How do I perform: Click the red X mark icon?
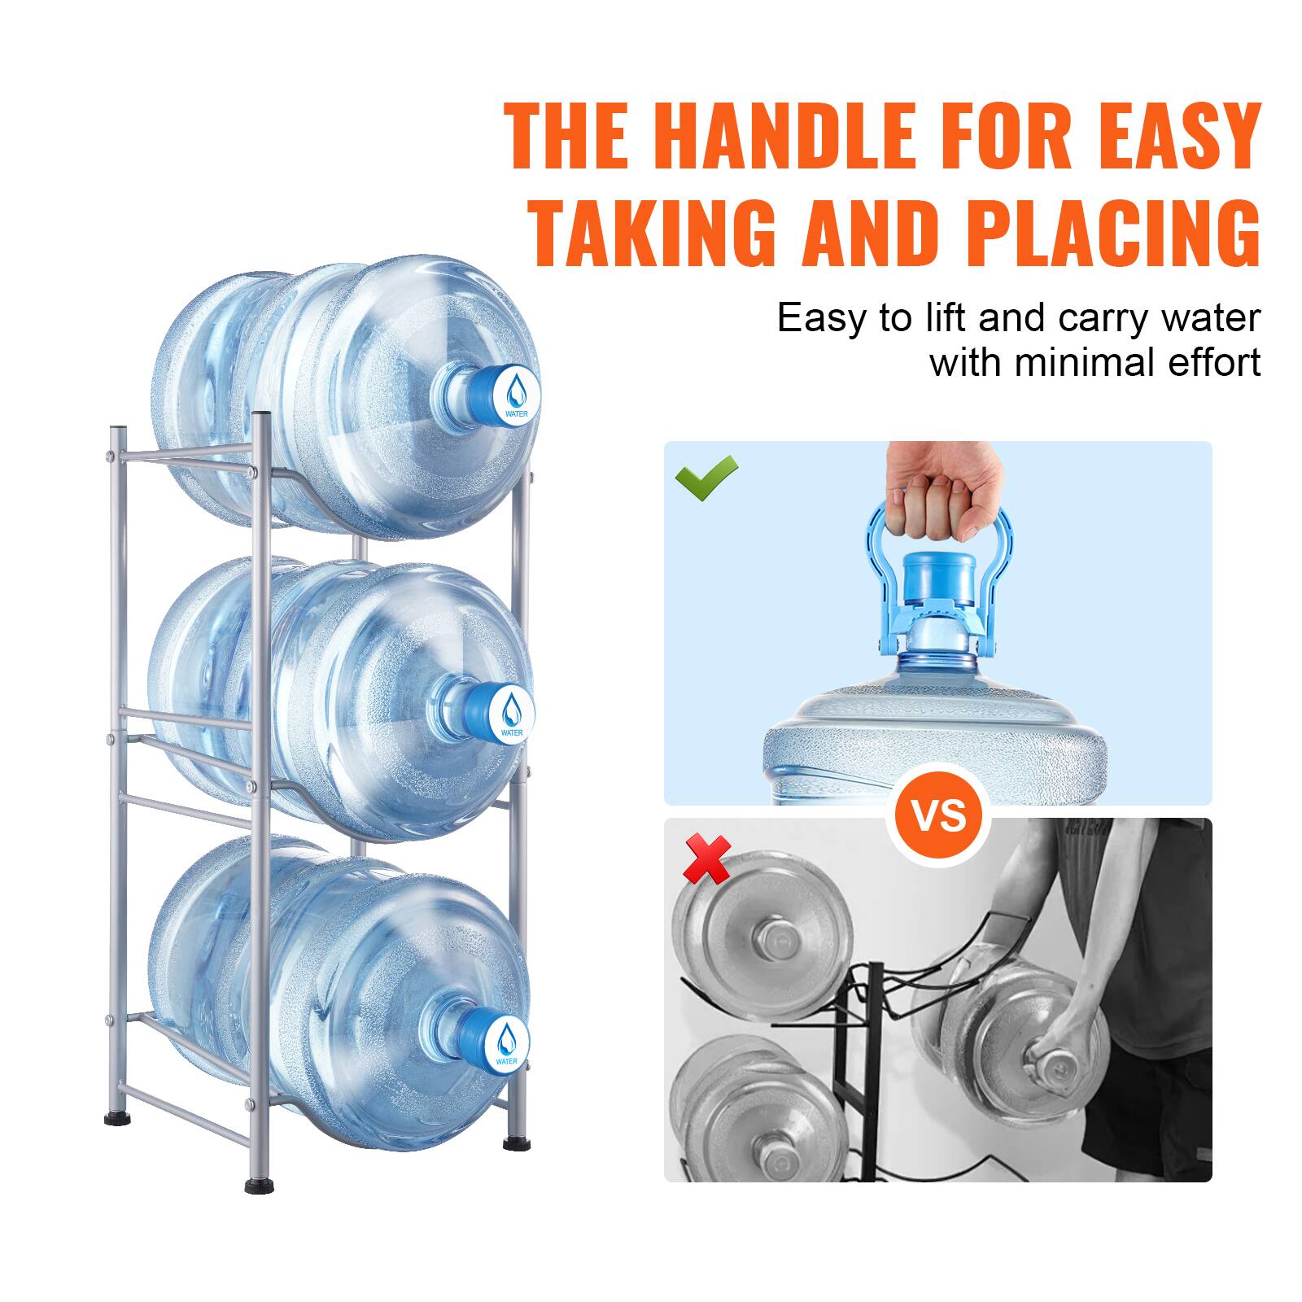[706, 859]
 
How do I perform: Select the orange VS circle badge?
[938, 815]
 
